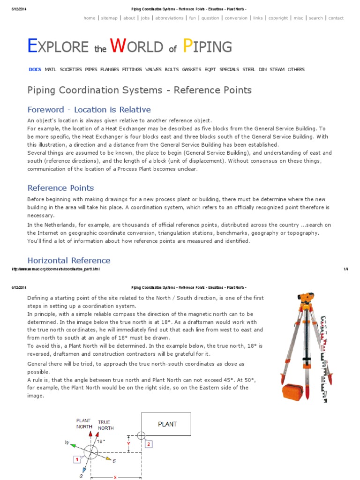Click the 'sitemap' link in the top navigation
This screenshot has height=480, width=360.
click(109, 18)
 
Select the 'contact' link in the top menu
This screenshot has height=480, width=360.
click(336, 18)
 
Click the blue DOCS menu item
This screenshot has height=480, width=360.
click(35, 69)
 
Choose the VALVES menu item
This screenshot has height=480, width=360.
click(153, 69)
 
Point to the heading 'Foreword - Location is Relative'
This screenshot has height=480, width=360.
click(89, 110)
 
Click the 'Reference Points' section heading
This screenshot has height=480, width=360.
click(60, 188)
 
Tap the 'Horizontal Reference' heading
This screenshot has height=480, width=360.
click(69, 260)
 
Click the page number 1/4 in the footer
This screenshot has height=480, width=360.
click(346, 269)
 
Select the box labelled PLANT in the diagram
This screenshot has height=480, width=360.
click(167, 424)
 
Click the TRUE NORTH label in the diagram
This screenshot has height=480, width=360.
click(105, 425)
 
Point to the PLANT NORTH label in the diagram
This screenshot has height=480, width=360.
click(84, 424)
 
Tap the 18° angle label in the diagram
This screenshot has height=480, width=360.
click(101, 441)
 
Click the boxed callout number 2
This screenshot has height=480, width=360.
click(149, 443)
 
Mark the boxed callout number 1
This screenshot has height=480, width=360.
click(76, 459)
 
